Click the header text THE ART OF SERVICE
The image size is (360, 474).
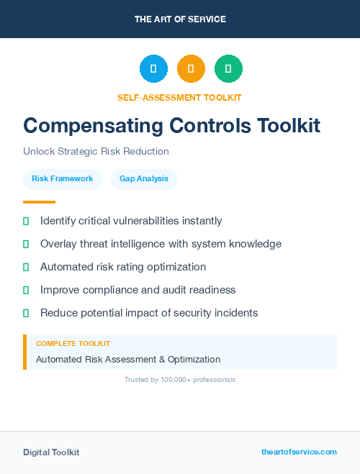[180, 19]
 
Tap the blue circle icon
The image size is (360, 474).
[153, 68]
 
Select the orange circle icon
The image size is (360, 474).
[191, 68]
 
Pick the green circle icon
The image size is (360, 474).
[228, 68]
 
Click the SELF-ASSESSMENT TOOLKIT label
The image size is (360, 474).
[179, 97]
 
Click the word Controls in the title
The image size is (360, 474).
[210, 125]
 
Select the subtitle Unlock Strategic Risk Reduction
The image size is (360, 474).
[96, 152]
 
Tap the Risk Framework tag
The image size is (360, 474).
[63, 178]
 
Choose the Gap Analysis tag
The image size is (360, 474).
[144, 178]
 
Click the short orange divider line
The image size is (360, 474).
[39, 202]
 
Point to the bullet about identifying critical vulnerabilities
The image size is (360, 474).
[131, 221]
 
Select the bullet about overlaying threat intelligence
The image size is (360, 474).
[161, 244]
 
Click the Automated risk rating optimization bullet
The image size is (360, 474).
[123, 267]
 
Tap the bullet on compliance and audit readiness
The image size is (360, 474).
[138, 290]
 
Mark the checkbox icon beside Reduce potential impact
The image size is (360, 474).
[26, 313]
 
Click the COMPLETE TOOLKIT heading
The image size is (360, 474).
[73, 344]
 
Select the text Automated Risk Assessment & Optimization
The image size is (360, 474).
[128, 359]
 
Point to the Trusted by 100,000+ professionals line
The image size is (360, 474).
[180, 379]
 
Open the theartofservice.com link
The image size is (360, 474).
[299, 452]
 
